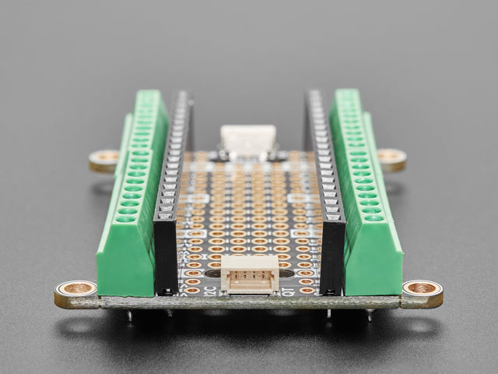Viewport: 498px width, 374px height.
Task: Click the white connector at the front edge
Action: pos(249,274)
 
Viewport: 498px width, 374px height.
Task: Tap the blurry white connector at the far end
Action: pos(247,139)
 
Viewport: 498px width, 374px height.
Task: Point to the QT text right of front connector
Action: pos(289,291)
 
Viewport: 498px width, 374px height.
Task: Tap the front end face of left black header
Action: pos(166,258)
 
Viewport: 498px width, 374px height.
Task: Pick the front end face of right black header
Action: pos(332,258)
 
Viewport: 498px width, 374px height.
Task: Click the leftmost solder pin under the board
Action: pos(130,315)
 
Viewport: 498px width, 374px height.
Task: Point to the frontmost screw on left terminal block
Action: pos(125,219)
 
